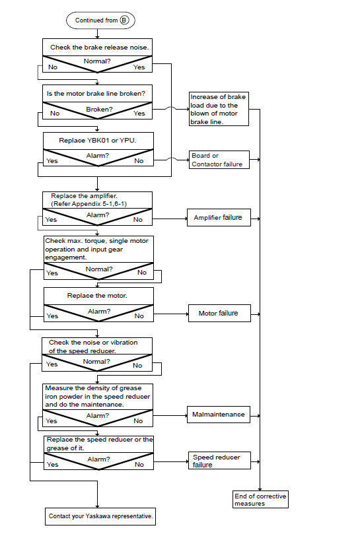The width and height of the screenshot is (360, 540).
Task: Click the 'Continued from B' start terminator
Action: pos(100,20)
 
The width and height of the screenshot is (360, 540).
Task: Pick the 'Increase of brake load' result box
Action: pos(219,109)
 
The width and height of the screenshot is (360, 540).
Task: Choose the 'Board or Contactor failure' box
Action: pos(219,160)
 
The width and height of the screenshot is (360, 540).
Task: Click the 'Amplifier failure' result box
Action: pos(219,217)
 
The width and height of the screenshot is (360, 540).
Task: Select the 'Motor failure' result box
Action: pos(219,313)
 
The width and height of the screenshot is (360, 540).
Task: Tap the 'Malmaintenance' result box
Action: pos(219,415)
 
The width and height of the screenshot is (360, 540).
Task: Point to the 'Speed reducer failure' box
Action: pos(219,460)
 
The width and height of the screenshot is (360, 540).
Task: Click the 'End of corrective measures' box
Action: pos(260,499)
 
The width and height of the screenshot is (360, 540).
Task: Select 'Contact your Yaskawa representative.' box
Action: pos(100,516)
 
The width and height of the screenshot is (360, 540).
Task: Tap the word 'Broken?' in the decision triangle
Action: pos(99,109)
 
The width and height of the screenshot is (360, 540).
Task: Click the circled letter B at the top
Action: pos(124,20)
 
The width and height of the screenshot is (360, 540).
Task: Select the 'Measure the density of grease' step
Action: pos(98,396)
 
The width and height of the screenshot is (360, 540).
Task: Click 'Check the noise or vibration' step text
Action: pos(93,347)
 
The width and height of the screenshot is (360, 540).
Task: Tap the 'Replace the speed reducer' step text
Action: pos(100,444)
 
